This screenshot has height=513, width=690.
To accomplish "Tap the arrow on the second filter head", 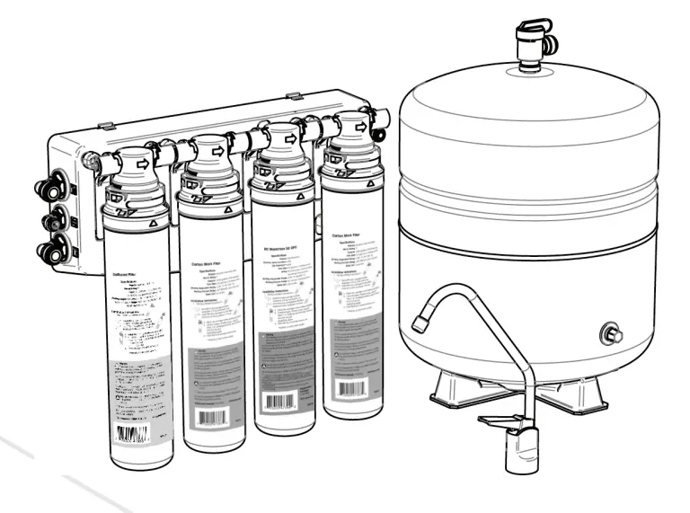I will coord(216,151).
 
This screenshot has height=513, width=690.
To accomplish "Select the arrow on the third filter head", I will coord(291,139).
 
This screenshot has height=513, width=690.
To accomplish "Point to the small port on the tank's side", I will coord(612,335).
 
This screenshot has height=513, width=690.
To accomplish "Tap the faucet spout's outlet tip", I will coord(419,321).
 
